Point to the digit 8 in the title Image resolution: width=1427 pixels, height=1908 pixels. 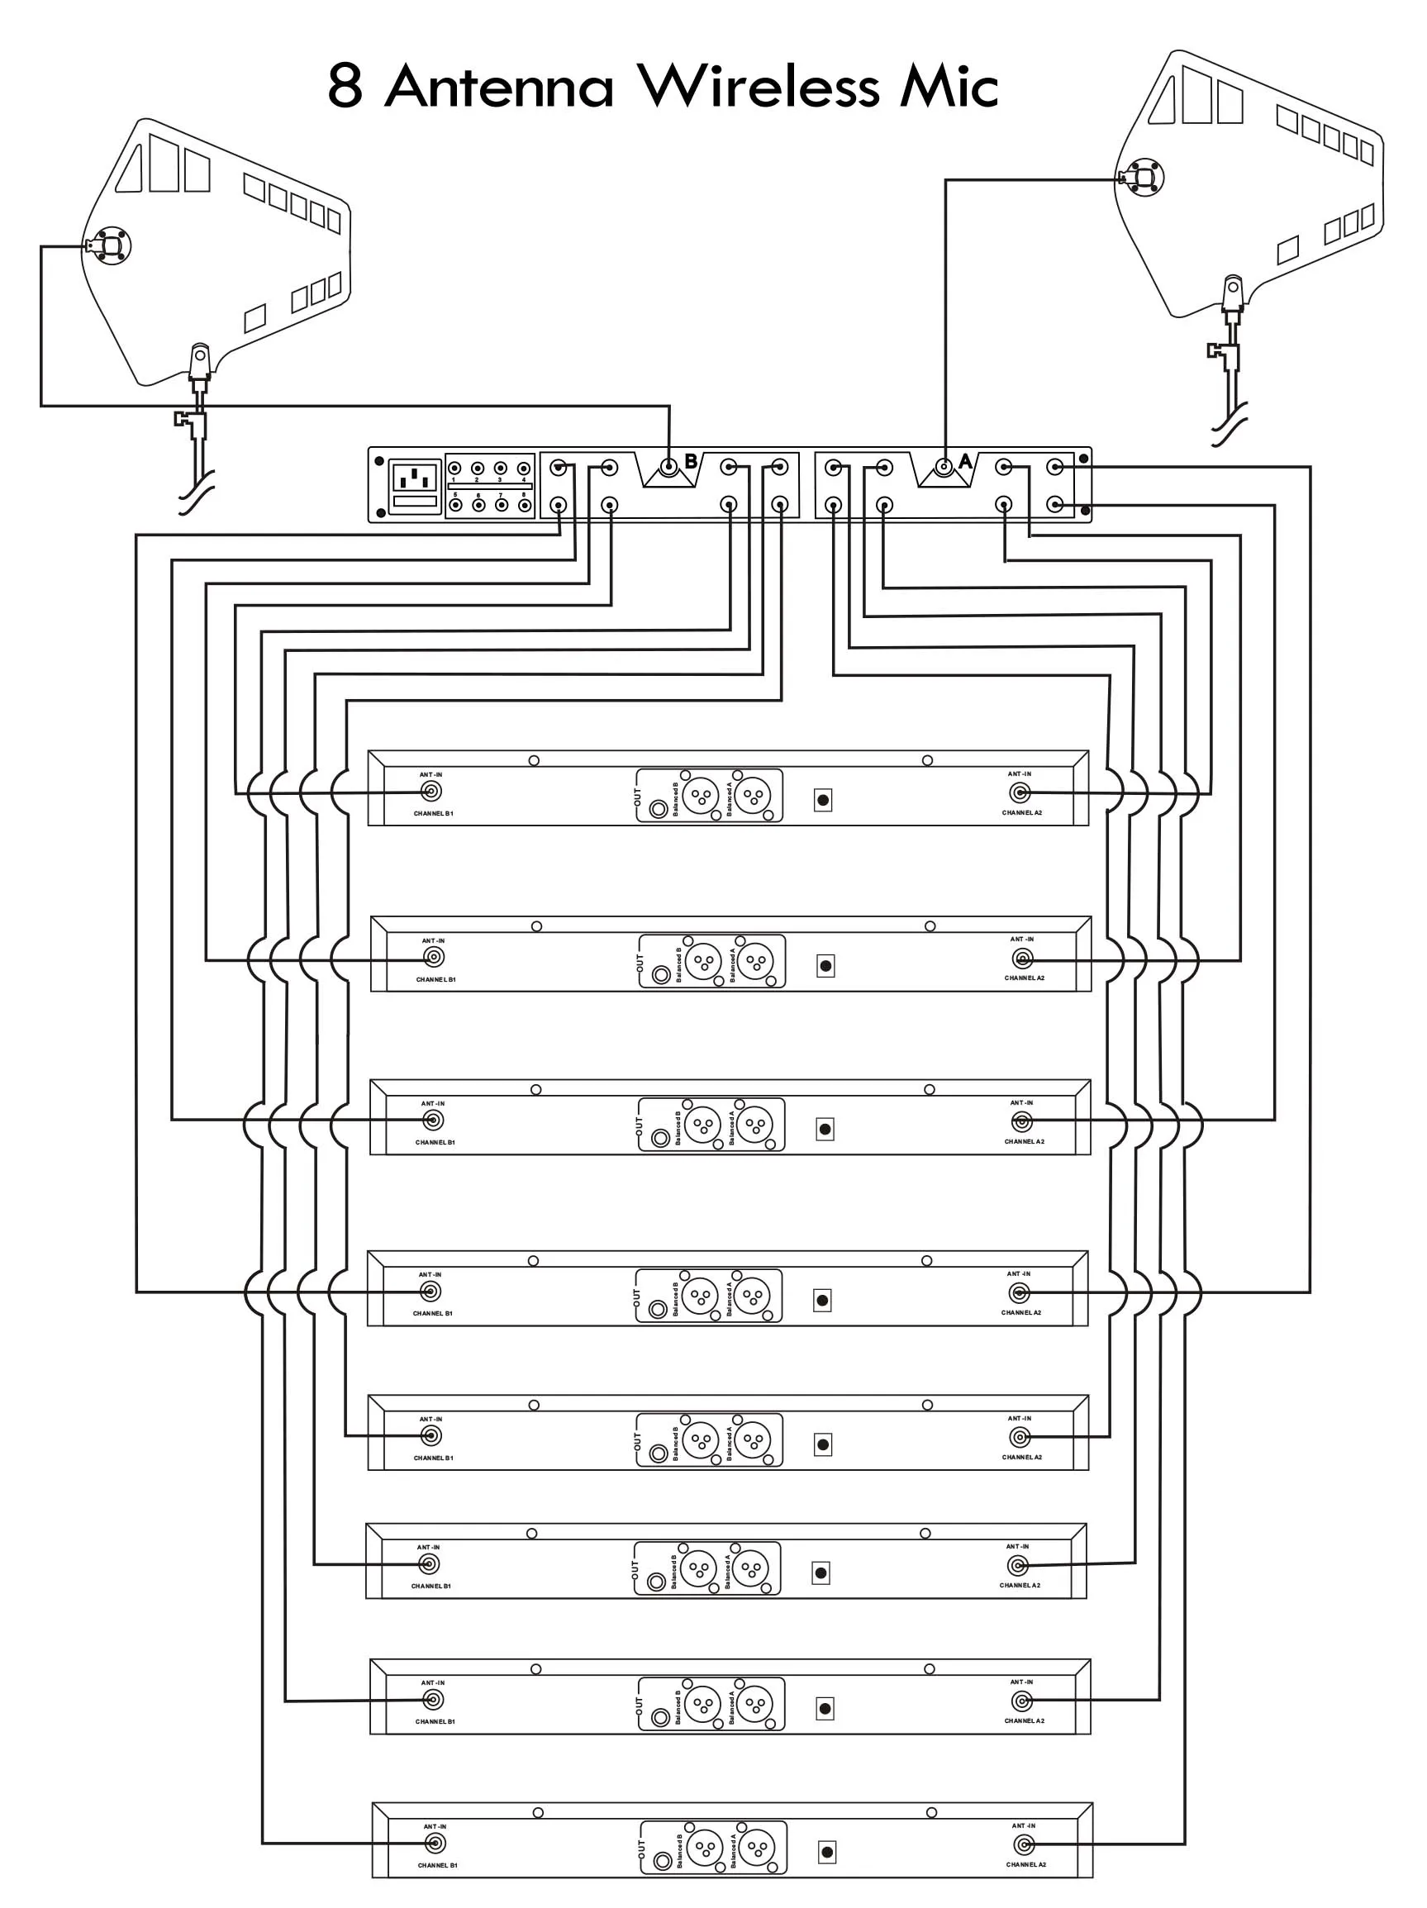[345, 87]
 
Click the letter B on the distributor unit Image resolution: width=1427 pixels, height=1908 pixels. [691, 461]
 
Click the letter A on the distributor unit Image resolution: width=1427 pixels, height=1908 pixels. [965, 461]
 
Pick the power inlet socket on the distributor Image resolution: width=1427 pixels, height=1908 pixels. [416, 478]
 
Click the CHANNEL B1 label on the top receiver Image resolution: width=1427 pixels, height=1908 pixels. [433, 813]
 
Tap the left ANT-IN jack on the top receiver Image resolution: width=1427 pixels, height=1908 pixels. [430, 792]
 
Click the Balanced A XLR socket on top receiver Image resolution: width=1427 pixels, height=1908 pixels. [754, 795]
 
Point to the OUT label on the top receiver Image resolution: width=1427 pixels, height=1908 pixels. [638, 797]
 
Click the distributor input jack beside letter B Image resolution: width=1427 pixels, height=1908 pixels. [668, 469]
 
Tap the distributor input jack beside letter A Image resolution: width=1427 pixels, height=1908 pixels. [944, 469]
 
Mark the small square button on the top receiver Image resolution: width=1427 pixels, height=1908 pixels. [823, 801]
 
